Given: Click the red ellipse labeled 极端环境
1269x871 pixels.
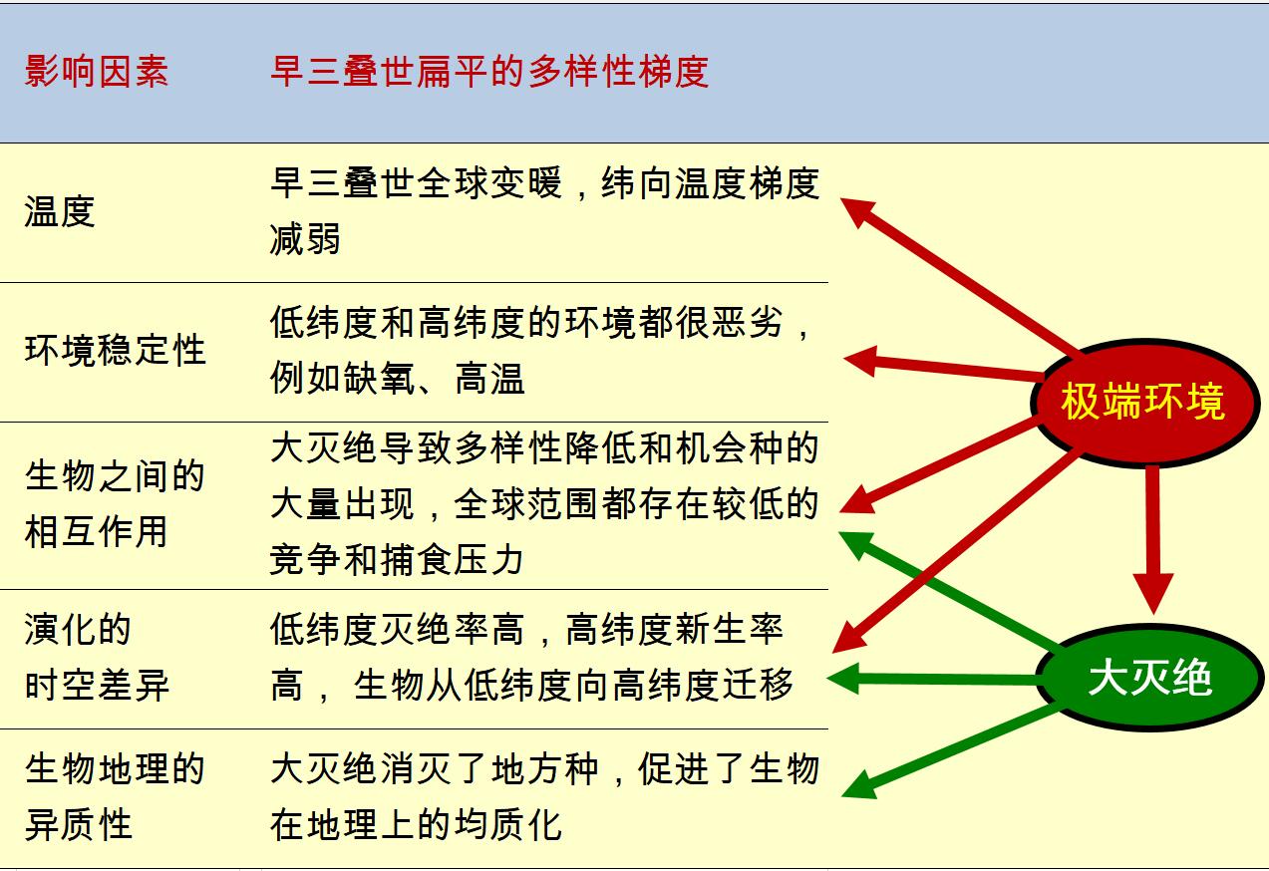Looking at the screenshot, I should [x=1143, y=403].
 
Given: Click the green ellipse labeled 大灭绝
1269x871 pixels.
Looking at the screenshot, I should [x=1148, y=679].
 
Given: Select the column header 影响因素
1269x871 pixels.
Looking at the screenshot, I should [x=97, y=72].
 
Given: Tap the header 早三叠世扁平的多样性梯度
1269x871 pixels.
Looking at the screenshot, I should [x=489, y=72].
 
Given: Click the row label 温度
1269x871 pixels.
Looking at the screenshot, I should [x=60, y=211].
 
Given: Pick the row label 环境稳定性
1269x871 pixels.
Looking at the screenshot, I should [x=115, y=350].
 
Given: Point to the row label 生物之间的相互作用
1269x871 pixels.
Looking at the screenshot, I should [x=114, y=503].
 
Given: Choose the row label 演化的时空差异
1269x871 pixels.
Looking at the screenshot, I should [x=97, y=658].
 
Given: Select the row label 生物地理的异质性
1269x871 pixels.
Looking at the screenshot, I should [x=114, y=796].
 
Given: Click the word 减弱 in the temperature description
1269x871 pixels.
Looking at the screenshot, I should [x=305, y=239].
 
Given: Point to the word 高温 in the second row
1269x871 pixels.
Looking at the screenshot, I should [x=489, y=379].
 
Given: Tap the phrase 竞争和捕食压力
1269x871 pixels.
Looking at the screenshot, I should [x=396, y=560].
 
